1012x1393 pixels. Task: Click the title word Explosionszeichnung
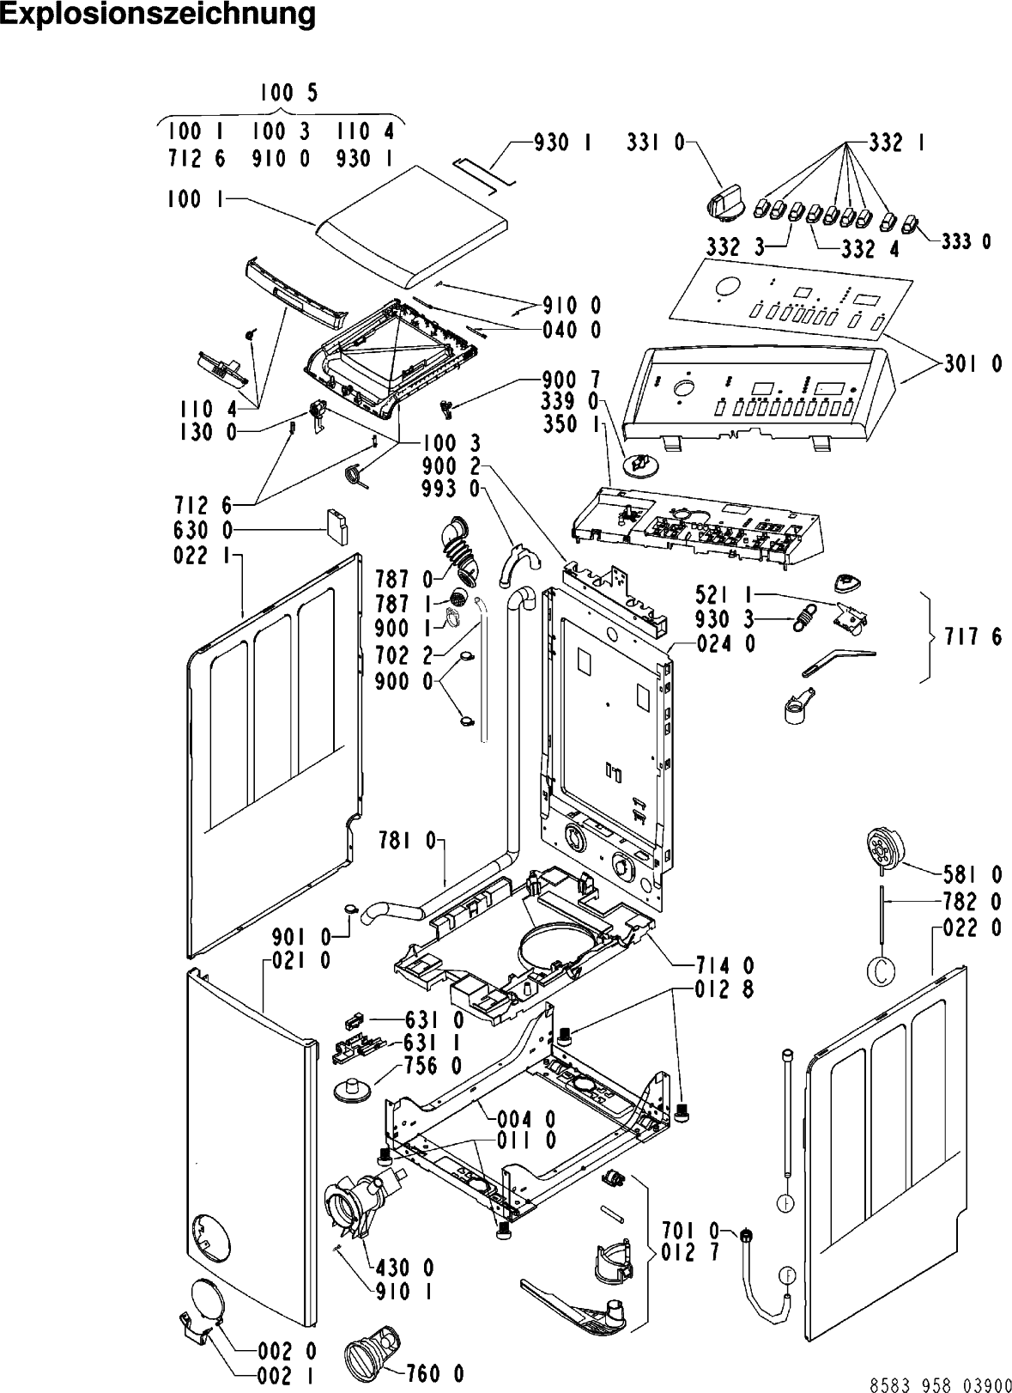[159, 16]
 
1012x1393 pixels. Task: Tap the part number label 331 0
[655, 143]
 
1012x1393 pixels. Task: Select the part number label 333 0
[966, 241]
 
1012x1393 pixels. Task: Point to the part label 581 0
[973, 875]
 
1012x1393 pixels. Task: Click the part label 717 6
[973, 636]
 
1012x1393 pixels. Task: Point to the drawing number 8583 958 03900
[940, 1384]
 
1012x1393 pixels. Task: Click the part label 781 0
[408, 842]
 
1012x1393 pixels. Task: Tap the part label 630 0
[203, 531]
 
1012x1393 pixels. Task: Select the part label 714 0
[724, 966]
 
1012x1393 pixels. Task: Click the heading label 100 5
[288, 93]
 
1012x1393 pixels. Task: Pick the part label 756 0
[433, 1066]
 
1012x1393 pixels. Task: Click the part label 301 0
[973, 364]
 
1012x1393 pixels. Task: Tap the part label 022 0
[973, 928]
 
